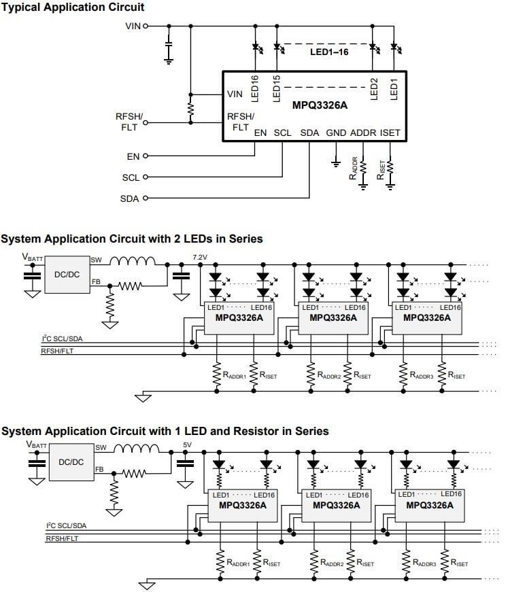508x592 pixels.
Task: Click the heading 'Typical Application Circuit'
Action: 72,7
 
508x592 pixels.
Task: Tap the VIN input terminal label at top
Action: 132,26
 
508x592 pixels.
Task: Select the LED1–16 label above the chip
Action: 329,52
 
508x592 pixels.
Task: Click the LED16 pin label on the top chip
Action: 255,88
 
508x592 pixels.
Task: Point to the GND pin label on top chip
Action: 335,133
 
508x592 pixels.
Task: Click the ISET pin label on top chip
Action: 390,133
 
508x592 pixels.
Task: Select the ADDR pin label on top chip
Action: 363,133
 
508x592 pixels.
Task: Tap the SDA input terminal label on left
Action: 129,198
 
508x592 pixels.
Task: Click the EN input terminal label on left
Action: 133,156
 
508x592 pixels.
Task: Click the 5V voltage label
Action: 188,446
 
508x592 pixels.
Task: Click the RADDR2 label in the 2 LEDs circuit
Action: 330,375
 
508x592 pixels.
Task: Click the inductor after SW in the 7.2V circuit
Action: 133,262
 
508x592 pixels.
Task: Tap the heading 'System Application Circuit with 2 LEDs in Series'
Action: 132,239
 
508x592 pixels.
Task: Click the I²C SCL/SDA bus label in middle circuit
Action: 63,338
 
